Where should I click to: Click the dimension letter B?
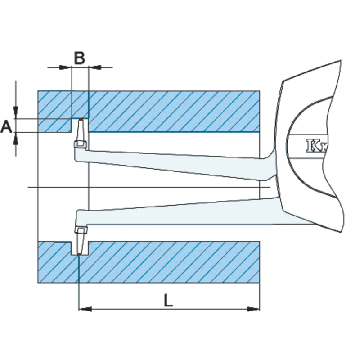click(79, 58)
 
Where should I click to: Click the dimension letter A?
click(6, 126)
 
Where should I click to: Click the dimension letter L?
click(168, 300)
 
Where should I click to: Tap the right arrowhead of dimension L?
click(254, 309)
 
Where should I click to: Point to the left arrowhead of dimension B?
click(67, 67)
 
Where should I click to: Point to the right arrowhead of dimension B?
click(94, 67)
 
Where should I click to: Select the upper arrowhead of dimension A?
click(16, 112)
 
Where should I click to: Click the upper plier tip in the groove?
click(81, 121)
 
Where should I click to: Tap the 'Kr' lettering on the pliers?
click(316, 146)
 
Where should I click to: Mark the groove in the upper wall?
click(80, 126)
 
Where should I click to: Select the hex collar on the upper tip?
click(81, 144)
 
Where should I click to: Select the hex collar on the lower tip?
click(81, 231)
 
